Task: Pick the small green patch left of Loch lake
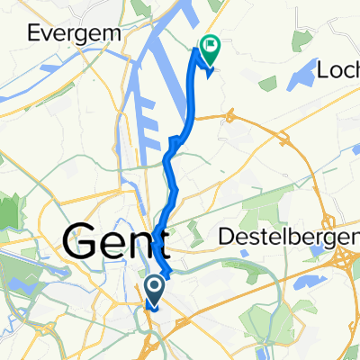click(267, 84)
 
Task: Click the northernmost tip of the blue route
click(196, 51)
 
